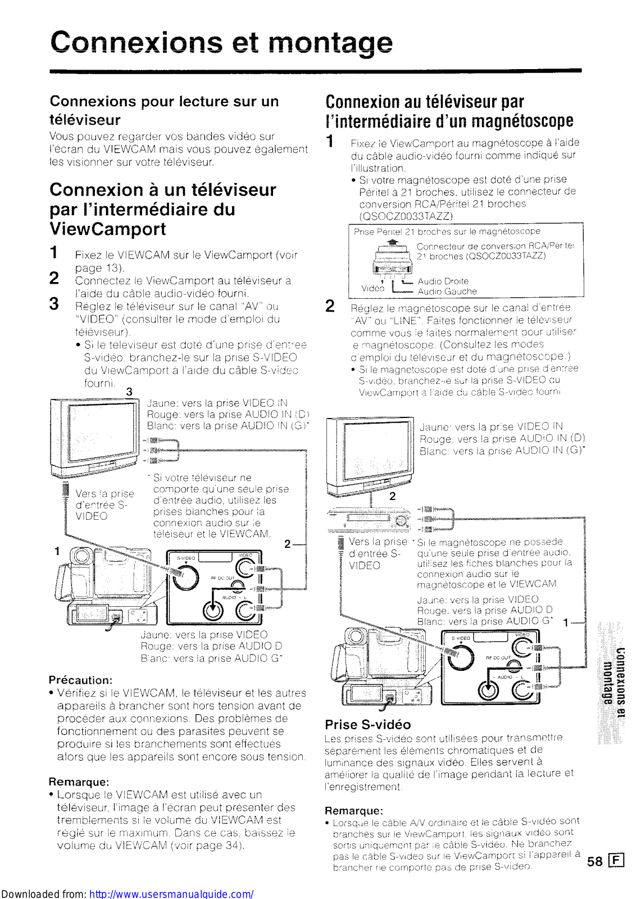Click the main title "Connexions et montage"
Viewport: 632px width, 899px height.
[221, 43]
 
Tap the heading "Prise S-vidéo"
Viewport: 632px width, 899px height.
[367, 724]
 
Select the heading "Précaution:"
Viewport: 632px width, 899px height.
[80, 680]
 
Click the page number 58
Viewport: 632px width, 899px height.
[594, 861]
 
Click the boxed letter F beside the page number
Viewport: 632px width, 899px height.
[616, 861]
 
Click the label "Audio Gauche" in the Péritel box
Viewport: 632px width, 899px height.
[447, 292]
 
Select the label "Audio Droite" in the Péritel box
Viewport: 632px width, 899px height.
[443, 281]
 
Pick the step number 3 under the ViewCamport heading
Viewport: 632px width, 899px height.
[54, 304]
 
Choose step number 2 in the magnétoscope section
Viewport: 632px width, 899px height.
[330, 306]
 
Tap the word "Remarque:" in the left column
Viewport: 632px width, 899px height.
[79, 782]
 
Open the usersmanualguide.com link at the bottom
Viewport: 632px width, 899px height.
[171, 893]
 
